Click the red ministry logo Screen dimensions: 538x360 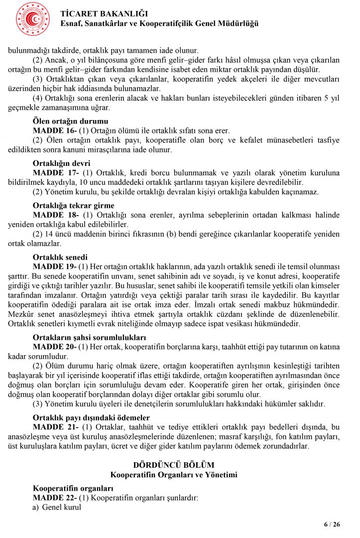tap(33, 19)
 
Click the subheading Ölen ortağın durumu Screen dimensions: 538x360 tap(70, 121)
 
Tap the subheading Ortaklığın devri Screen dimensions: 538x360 tap(62, 163)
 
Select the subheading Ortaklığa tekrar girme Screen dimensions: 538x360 tap(73, 206)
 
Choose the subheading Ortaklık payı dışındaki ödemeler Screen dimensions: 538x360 tap(91, 417)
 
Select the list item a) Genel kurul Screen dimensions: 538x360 tap(57, 507)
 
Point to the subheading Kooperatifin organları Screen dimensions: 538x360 tap(73, 488)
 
